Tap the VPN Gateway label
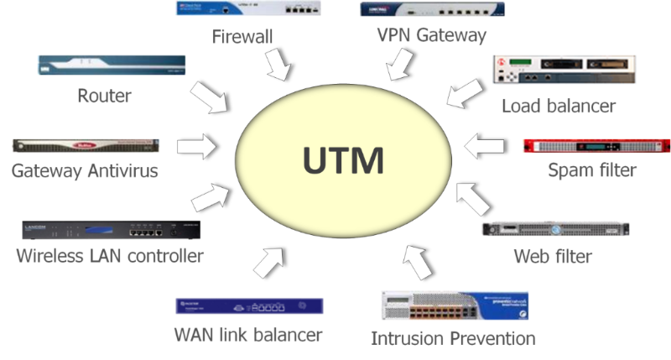point(432,36)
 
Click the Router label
point(104,96)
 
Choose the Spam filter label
point(592,170)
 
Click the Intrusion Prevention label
point(453,338)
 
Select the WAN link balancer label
point(248,335)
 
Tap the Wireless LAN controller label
point(110,255)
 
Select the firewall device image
point(248,9)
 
